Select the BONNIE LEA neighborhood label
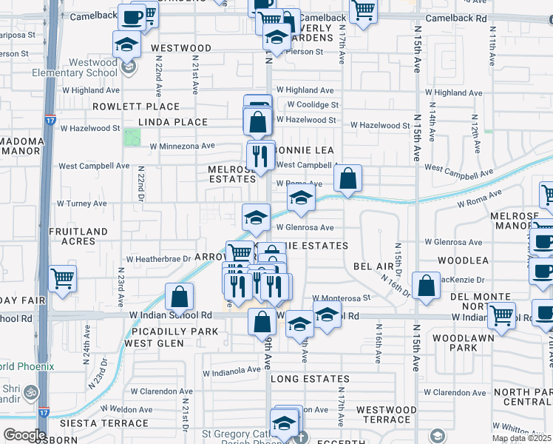click(305, 150)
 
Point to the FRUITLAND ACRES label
click(78, 236)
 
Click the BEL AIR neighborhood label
click(373, 265)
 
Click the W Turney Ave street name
click(82, 203)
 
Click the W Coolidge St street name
click(313, 105)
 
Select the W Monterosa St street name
click(344, 297)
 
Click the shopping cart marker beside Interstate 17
click(62, 279)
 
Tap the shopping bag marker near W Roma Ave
click(347, 178)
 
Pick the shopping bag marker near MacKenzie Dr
click(426, 286)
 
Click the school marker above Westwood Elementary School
click(127, 44)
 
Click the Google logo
click(24, 435)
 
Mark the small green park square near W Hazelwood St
click(132, 137)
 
